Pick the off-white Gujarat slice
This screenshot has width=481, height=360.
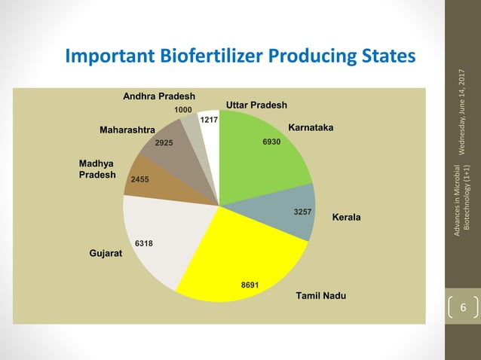point(162,233)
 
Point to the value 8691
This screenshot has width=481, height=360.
point(250,285)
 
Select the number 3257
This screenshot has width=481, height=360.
point(303,212)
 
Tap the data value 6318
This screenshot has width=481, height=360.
point(143,243)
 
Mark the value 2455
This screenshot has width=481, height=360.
point(140,180)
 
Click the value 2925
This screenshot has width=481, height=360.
point(164,142)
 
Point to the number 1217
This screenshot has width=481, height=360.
point(209,119)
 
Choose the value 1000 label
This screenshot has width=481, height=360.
point(182,110)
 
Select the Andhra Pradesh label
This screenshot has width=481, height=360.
point(159,96)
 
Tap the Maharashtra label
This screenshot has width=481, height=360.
point(127,130)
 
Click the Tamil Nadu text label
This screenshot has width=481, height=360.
point(321,295)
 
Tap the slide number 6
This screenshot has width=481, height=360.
point(464,309)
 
